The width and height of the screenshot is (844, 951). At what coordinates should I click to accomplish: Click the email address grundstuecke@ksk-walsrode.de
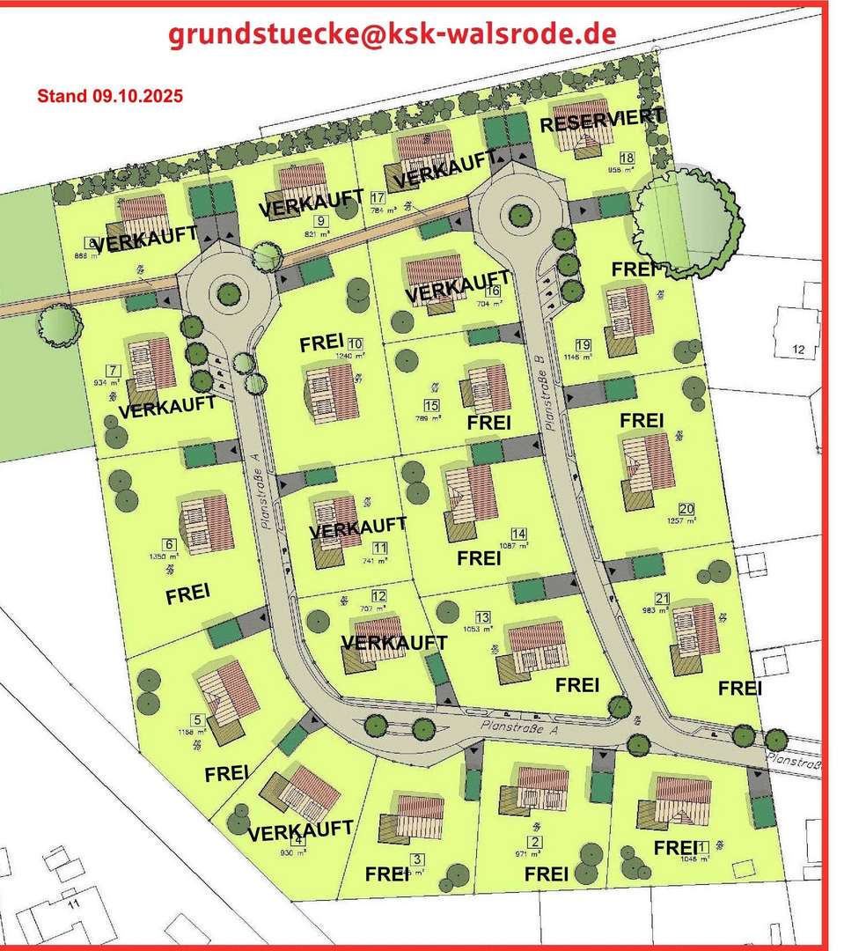click(392, 34)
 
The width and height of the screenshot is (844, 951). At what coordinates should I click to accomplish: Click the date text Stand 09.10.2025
click(110, 96)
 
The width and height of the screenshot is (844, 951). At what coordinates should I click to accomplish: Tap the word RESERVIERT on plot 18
click(602, 122)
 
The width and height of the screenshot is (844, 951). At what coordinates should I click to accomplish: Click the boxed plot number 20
click(686, 508)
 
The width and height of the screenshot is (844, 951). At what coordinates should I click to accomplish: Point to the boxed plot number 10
click(355, 343)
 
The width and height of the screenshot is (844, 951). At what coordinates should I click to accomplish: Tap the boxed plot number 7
click(112, 370)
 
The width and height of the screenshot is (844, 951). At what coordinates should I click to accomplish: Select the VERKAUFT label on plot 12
click(393, 642)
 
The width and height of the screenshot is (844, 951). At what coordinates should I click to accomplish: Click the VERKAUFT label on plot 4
click(300, 830)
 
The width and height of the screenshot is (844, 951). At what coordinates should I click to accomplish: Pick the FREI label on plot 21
click(739, 688)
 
